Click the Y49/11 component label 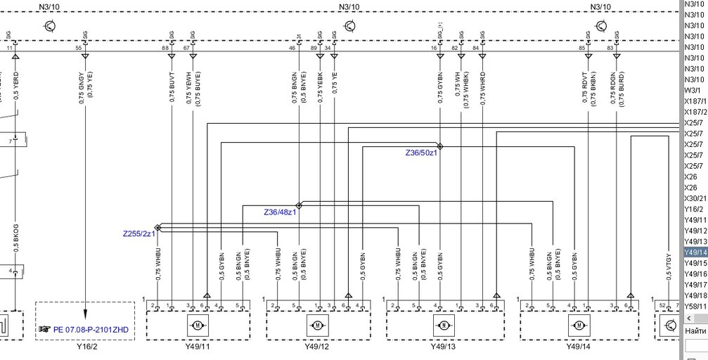coord(198,347)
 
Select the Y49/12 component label coord(318,347)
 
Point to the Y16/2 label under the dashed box coord(85,347)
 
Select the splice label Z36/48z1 coord(280,212)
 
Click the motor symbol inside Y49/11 coord(198,325)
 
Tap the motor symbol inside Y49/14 coord(579,325)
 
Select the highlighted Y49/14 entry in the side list coord(695,252)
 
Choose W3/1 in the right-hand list coord(692,90)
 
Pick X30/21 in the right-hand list coord(695,198)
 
